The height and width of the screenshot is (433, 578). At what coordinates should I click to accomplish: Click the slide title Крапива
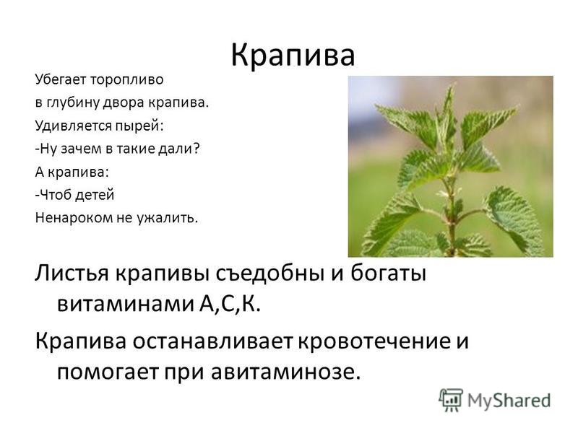[293, 56]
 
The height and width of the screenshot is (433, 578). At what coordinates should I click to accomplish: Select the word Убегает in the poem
[61, 79]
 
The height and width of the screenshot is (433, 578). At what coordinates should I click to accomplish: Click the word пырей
[139, 126]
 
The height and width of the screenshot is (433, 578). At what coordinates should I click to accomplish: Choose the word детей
[95, 195]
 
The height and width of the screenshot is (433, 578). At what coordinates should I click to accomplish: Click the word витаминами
[125, 304]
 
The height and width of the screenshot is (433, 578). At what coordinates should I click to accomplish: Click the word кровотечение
[374, 341]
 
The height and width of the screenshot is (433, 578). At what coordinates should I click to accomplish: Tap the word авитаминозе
[285, 372]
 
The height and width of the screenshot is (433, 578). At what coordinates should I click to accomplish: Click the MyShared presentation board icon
[450, 400]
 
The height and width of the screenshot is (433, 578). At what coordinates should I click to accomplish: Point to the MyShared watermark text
[509, 401]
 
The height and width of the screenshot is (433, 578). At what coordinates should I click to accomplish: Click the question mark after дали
[196, 149]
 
